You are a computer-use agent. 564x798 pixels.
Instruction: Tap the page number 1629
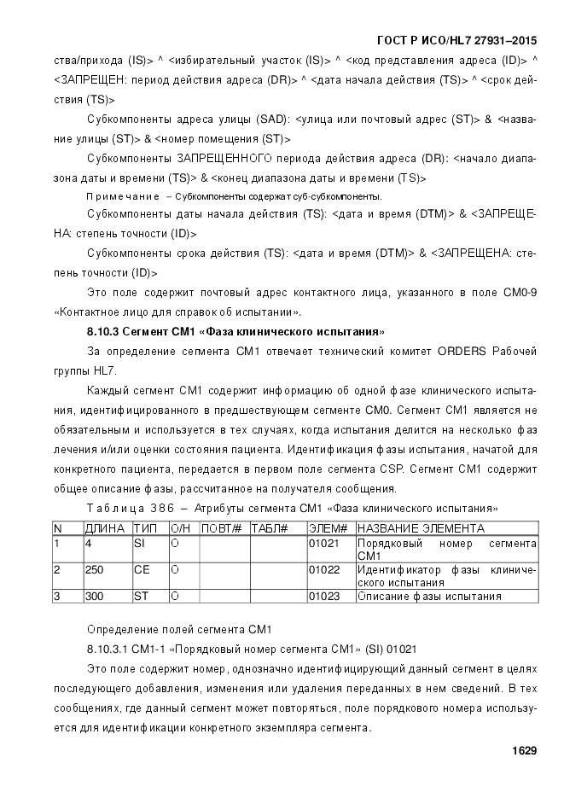[523, 751]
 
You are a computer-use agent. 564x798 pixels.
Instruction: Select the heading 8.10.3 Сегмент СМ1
[235, 330]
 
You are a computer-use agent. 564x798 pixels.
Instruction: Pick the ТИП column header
[145, 529]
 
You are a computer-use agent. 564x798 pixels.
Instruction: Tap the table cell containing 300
[94, 596]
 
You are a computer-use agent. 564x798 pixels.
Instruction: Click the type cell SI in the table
[140, 543]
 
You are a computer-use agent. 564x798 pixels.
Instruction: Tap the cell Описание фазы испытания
[429, 596]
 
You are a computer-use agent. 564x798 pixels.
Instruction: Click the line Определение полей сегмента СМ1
[178, 629]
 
